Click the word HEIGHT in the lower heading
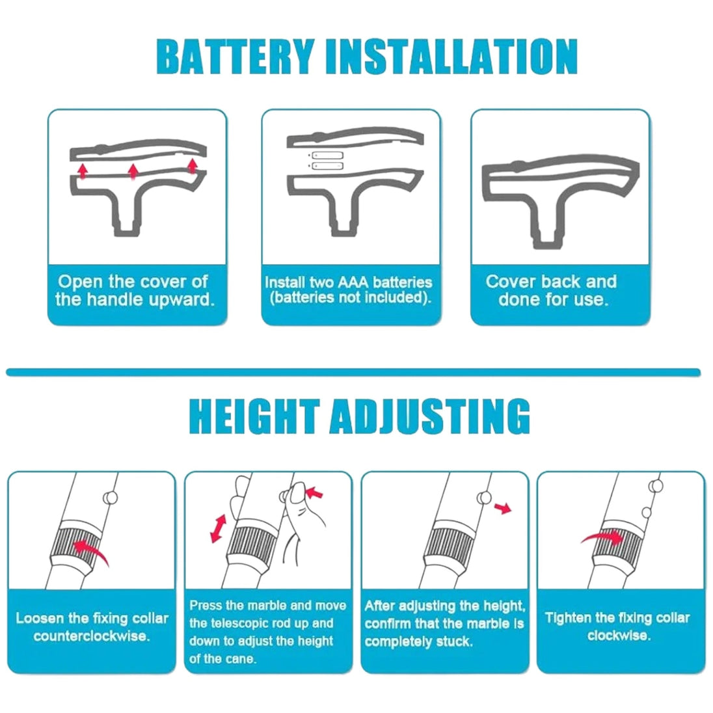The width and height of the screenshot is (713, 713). pos(254,416)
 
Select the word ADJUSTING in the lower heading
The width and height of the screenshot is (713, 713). pos(430,416)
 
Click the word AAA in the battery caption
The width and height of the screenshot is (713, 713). pos(353,282)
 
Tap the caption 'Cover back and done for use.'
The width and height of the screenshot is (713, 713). pos(552,290)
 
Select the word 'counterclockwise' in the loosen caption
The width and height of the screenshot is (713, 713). pos(91,636)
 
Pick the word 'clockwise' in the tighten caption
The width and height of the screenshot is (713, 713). pos(619,635)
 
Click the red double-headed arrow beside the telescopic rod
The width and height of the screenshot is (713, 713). pos(219,528)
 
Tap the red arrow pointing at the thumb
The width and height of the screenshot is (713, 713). pos(314,493)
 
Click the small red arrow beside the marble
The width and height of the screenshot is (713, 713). pos(504,508)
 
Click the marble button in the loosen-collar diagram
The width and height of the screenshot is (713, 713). pos(111,498)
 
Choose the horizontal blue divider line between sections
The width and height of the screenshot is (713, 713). pos(353,372)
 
